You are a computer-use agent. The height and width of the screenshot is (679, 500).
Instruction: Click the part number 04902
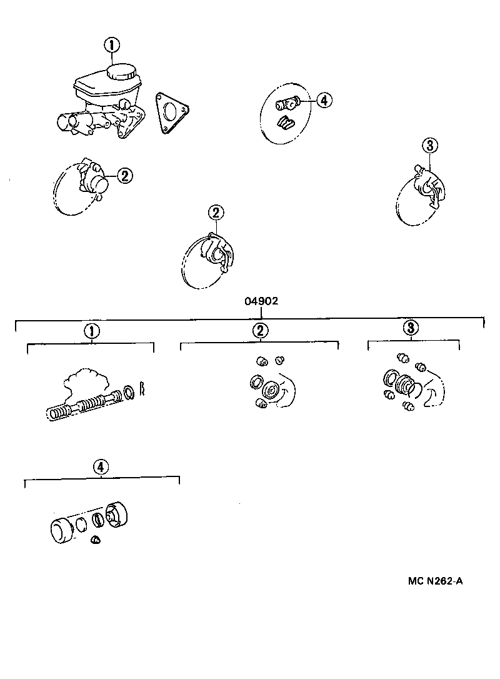pyautogui.click(x=261, y=301)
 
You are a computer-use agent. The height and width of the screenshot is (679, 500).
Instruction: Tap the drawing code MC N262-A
pyautogui.click(x=436, y=581)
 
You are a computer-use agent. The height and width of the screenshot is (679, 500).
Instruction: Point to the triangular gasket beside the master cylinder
pyautogui.click(x=171, y=113)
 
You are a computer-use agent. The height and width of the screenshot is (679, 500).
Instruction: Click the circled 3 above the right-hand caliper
pyautogui.click(x=430, y=146)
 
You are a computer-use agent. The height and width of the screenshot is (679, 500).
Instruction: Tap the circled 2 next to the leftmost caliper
pyautogui.click(x=124, y=176)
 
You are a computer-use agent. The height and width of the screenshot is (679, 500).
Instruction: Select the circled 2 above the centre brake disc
pyautogui.click(x=216, y=213)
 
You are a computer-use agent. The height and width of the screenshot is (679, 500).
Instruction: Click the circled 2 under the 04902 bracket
pyautogui.click(x=260, y=331)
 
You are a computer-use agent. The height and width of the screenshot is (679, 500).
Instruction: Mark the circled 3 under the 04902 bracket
pyautogui.click(x=410, y=328)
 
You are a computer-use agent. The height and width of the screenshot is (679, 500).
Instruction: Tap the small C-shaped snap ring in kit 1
pyautogui.click(x=142, y=388)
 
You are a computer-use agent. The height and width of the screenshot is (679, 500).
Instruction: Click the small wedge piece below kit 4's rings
pyautogui.click(x=96, y=540)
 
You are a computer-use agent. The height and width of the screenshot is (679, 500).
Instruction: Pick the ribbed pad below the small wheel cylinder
pyautogui.click(x=287, y=123)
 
